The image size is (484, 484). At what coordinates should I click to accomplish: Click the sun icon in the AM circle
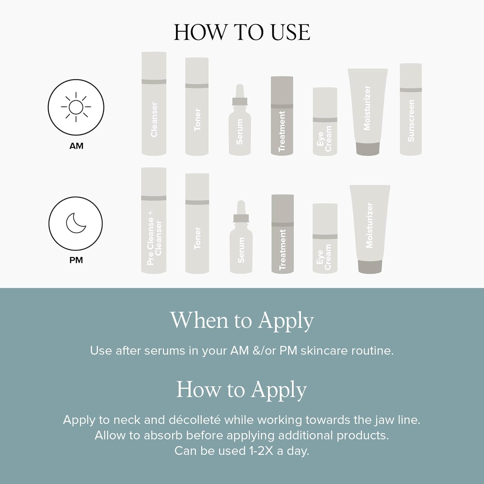(x=76, y=107)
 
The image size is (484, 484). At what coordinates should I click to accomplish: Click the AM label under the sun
(x=76, y=146)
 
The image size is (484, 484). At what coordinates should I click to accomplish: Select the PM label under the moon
(x=76, y=260)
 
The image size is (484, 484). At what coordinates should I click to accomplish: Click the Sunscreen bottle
(x=411, y=109)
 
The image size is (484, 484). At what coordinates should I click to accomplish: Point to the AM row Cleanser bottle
(x=154, y=104)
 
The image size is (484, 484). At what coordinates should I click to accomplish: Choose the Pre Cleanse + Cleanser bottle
(x=154, y=220)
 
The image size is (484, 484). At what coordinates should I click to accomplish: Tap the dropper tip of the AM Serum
(x=239, y=88)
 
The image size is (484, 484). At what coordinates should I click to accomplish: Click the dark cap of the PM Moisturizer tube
(x=370, y=267)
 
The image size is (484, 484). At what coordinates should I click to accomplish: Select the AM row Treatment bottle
(x=282, y=116)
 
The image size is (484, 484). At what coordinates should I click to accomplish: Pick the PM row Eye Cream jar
(x=325, y=238)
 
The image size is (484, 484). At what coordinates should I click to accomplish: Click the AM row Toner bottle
(x=197, y=107)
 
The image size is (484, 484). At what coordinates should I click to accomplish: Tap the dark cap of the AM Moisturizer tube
(x=368, y=149)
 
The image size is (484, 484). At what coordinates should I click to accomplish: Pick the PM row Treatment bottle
(x=283, y=234)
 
